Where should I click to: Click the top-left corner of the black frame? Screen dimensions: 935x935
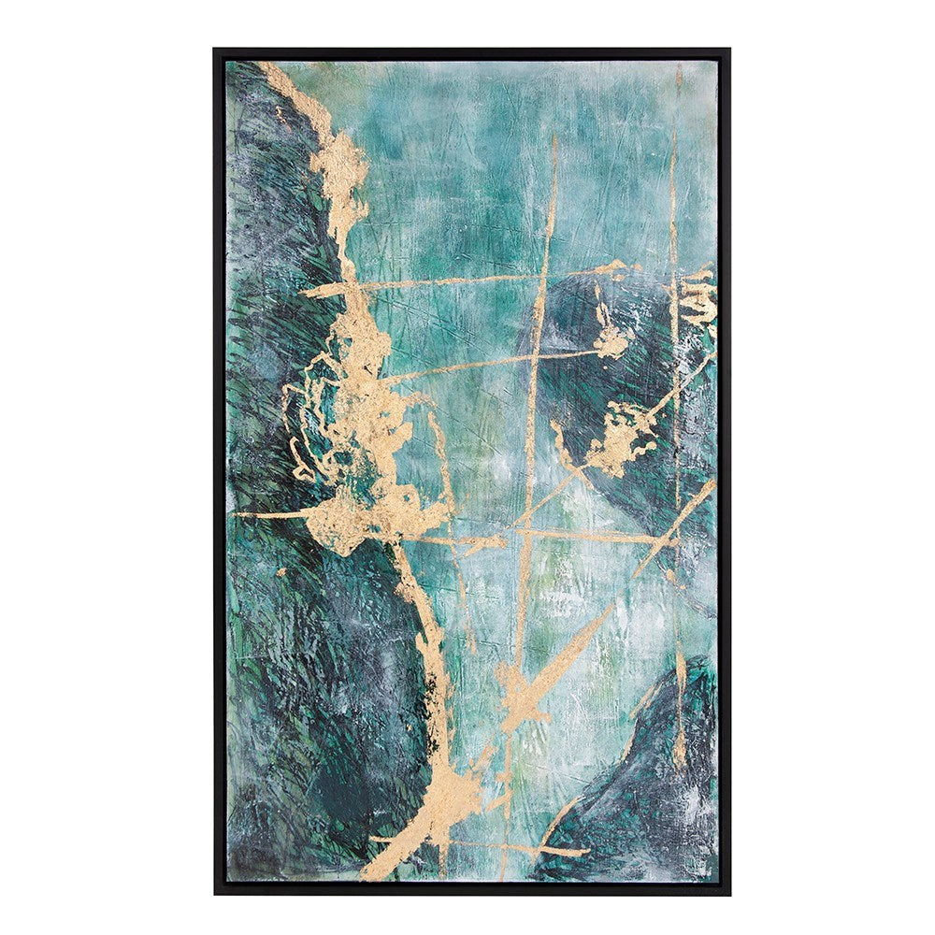[x=215, y=50]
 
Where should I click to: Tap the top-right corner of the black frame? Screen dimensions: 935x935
[x=730, y=50]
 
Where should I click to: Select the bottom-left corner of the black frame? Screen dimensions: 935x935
[x=215, y=894]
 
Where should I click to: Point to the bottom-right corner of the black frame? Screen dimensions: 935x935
[x=730, y=894]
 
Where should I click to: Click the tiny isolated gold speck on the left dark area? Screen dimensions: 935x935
[x=280, y=571]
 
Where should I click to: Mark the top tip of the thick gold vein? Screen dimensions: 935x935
[x=262, y=65]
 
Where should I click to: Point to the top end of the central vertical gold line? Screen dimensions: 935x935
[x=554, y=138]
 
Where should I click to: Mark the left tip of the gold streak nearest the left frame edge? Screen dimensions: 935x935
[x=236, y=514]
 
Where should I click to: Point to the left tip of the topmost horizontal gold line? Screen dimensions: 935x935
[x=302, y=292]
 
